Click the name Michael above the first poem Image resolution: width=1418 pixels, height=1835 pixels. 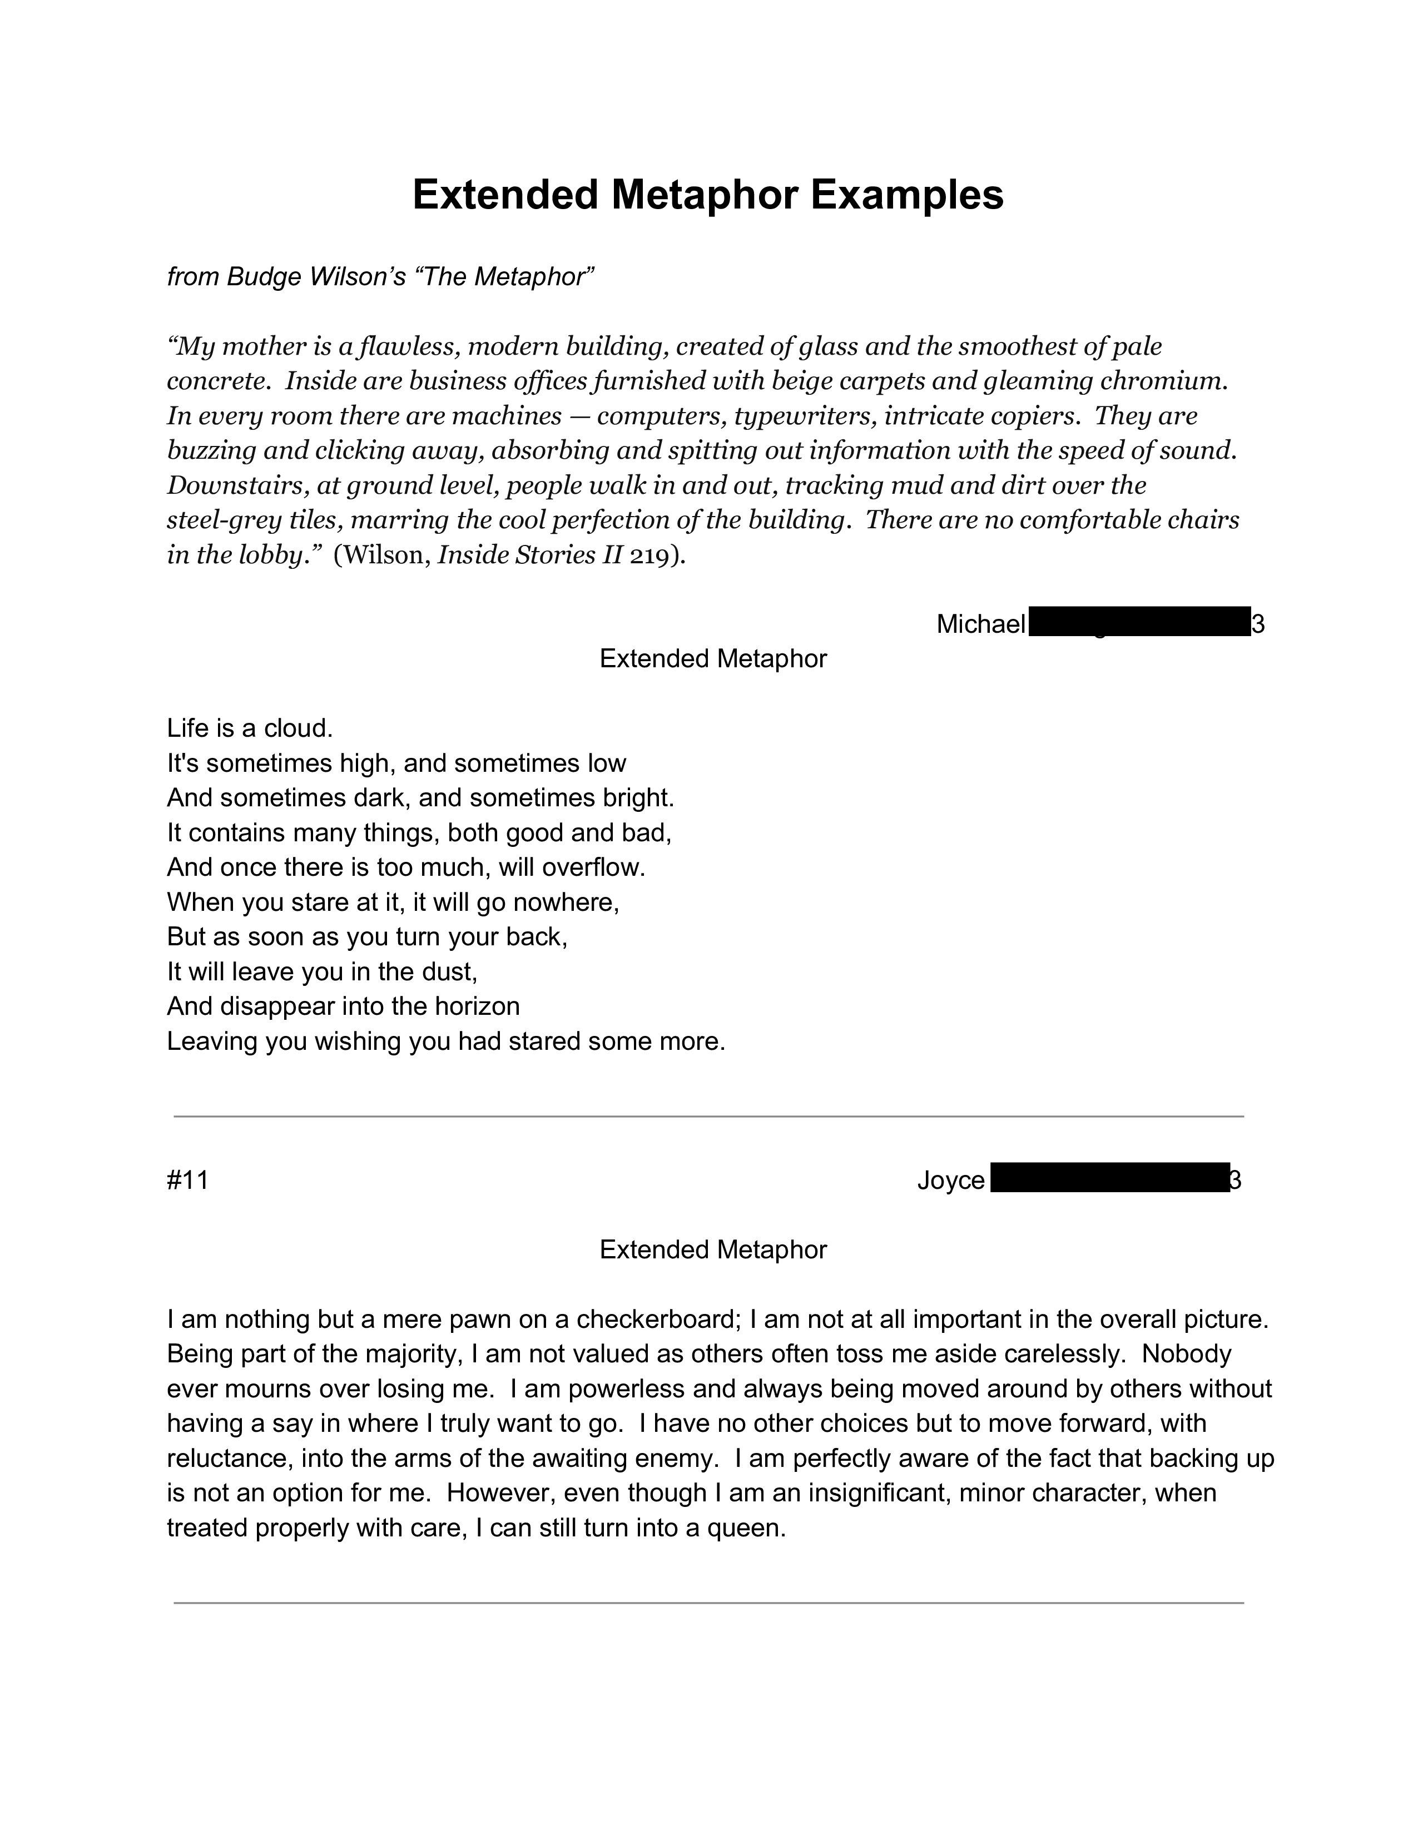[980, 624]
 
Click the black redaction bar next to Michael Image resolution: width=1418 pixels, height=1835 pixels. [1138, 623]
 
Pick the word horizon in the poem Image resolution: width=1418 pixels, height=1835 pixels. [477, 1006]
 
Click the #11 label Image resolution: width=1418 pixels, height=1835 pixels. [187, 1181]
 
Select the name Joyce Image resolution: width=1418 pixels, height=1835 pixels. [950, 1181]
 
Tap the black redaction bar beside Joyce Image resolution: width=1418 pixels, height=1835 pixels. [1109, 1178]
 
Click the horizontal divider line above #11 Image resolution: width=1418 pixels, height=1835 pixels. [708, 1117]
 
